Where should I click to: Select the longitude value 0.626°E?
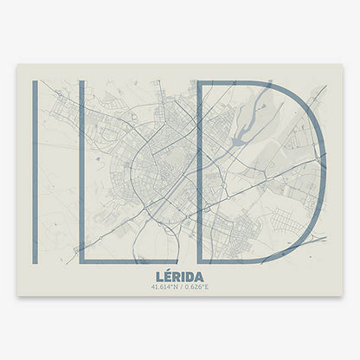point(198,286)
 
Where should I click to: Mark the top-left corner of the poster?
point(18,65)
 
